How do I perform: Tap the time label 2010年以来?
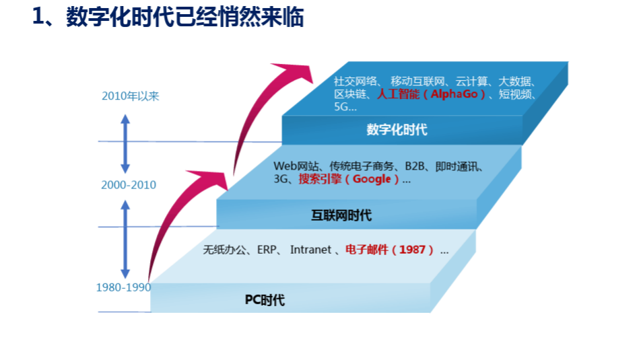(x=131, y=96)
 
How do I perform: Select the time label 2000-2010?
(x=128, y=185)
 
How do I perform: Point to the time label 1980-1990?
(x=123, y=287)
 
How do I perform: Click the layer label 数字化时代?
(x=397, y=129)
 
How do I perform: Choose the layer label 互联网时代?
(x=341, y=215)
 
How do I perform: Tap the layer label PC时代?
(x=265, y=300)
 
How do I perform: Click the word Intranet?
(x=310, y=250)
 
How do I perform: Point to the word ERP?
(x=267, y=250)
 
